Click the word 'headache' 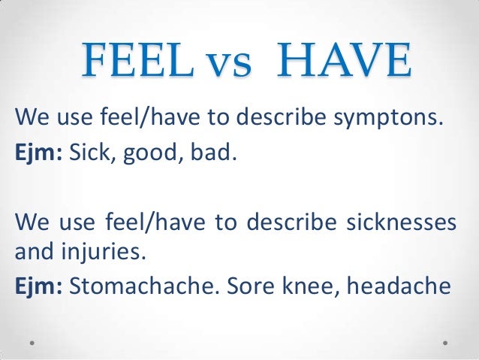[393, 284]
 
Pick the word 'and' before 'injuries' [33, 252]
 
